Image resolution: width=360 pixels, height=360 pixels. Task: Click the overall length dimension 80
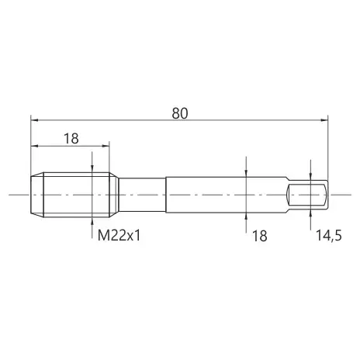pyautogui.click(x=180, y=113)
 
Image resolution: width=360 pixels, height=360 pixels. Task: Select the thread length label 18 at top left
pyautogui.click(x=71, y=139)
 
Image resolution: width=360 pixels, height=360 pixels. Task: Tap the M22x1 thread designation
pyautogui.click(x=119, y=236)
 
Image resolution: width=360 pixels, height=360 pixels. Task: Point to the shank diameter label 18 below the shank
pyautogui.click(x=259, y=236)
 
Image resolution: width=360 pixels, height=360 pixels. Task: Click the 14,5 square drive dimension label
pyautogui.click(x=329, y=236)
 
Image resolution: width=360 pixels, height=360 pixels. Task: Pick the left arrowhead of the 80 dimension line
pyautogui.click(x=34, y=120)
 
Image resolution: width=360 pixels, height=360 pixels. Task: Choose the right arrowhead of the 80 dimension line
pyautogui.click(x=324, y=120)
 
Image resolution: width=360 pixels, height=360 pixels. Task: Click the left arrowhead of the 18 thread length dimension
pyautogui.click(x=34, y=146)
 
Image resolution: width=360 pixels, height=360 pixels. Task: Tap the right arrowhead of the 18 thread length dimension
pyautogui.click(x=106, y=146)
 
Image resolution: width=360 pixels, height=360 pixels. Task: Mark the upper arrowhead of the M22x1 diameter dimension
pyautogui.click(x=92, y=169)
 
